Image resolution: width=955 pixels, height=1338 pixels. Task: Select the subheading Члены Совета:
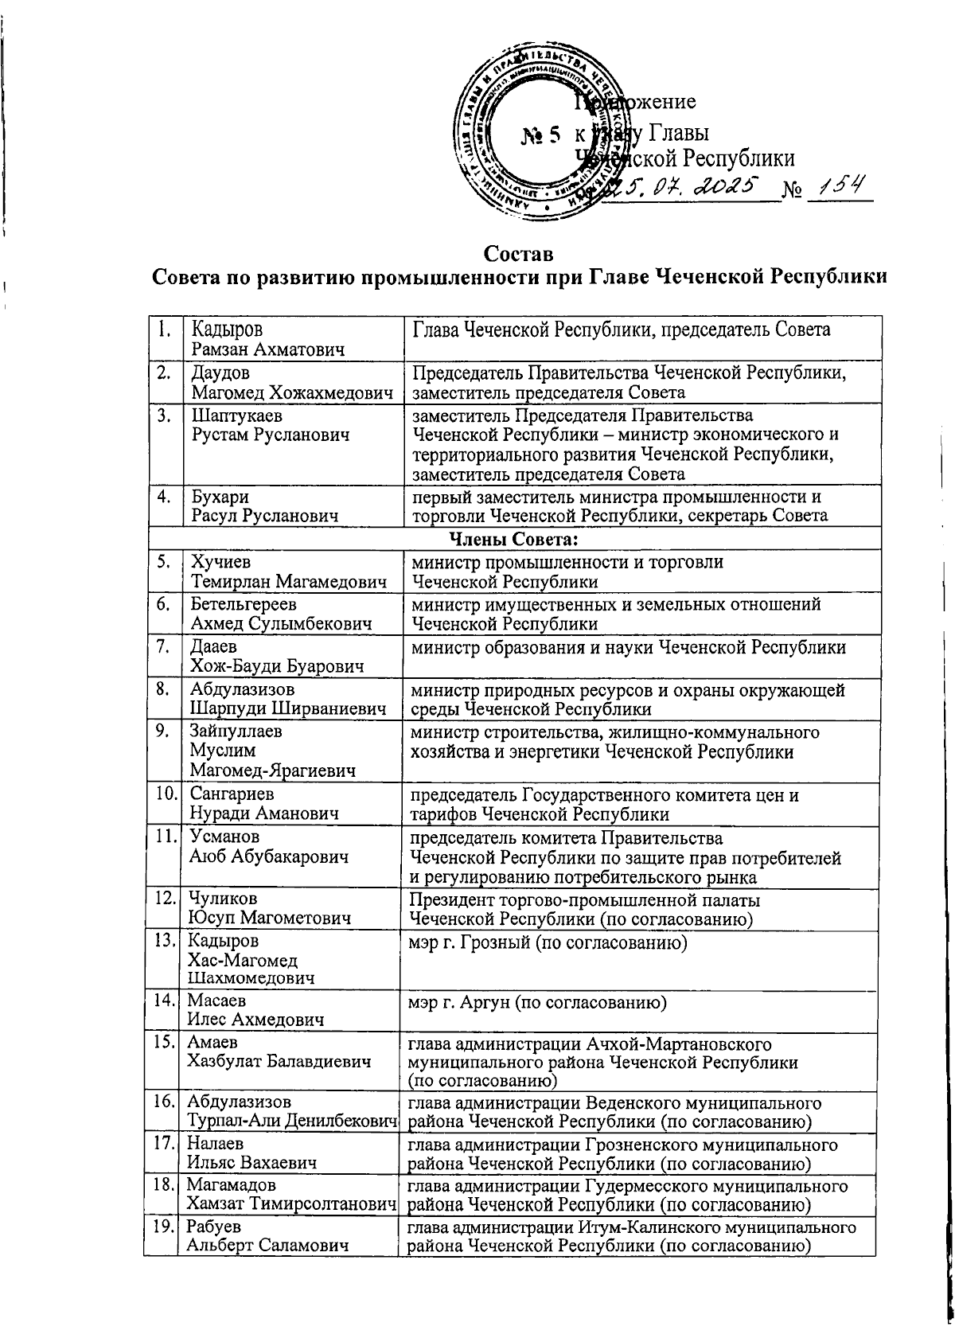pyautogui.click(x=513, y=540)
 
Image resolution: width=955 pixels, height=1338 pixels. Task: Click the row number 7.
pyautogui.click(x=162, y=647)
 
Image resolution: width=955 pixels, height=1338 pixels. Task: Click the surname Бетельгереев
pyautogui.click(x=244, y=605)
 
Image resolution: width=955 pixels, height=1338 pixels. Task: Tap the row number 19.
pyautogui.click(x=164, y=1227)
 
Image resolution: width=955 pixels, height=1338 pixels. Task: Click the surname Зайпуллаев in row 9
pyautogui.click(x=236, y=731)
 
